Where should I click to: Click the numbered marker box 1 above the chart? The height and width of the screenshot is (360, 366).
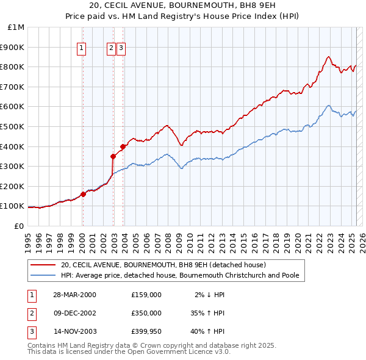coord(81,49)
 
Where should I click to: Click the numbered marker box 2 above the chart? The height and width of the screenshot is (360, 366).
coord(111,49)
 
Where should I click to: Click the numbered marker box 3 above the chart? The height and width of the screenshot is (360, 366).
coord(121,49)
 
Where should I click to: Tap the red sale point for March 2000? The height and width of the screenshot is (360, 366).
coord(83,195)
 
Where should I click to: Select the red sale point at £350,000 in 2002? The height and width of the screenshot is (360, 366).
coord(113,156)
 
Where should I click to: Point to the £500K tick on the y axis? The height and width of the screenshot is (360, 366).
coord(13,126)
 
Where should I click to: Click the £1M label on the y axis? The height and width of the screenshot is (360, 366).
coord(16,27)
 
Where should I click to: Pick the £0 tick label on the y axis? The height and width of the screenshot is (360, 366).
coord(19,226)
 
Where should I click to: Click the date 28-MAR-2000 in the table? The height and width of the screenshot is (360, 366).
coord(74,295)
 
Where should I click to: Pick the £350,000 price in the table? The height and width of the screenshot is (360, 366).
coord(146,313)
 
